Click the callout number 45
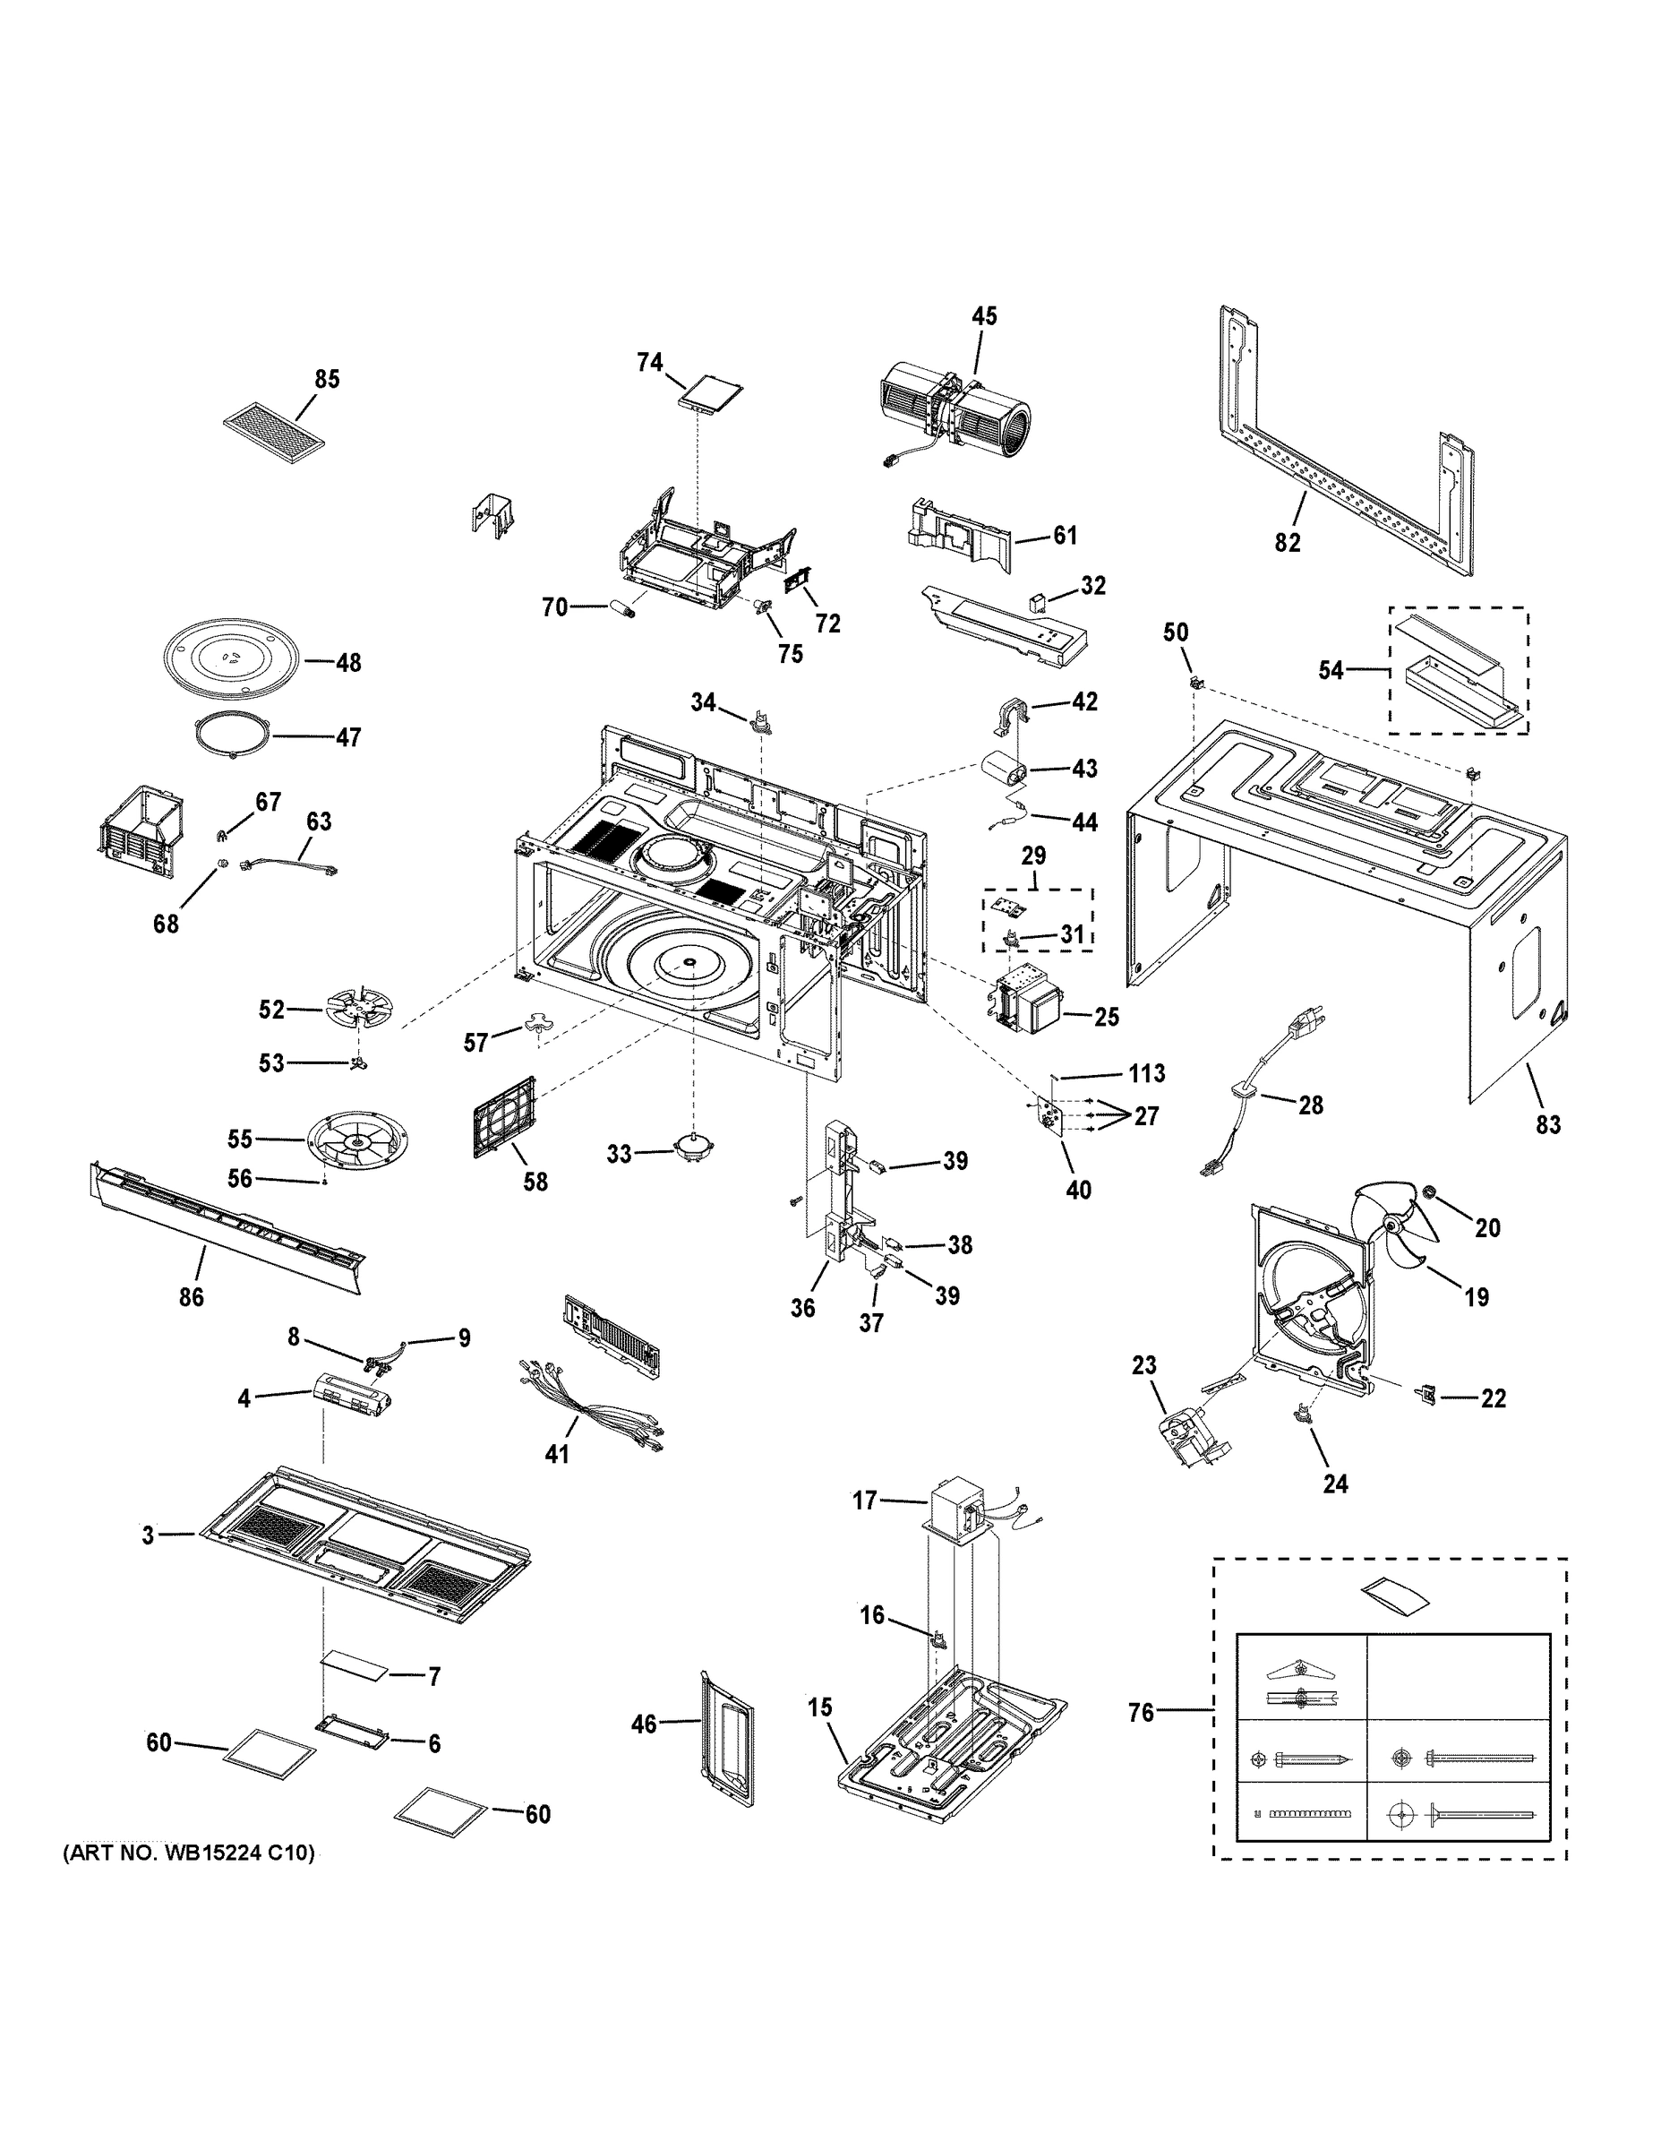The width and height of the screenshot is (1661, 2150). click(x=983, y=316)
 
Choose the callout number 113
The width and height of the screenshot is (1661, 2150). click(x=1146, y=1073)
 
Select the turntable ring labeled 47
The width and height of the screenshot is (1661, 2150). click(x=232, y=735)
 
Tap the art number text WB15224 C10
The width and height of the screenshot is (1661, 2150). click(x=189, y=1853)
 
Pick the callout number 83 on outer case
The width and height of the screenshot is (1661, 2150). click(x=1547, y=1124)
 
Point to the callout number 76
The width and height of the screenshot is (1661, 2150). click(x=1141, y=1714)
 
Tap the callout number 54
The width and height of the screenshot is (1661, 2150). click(x=1331, y=670)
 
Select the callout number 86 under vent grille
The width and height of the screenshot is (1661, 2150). click(x=191, y=1297)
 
